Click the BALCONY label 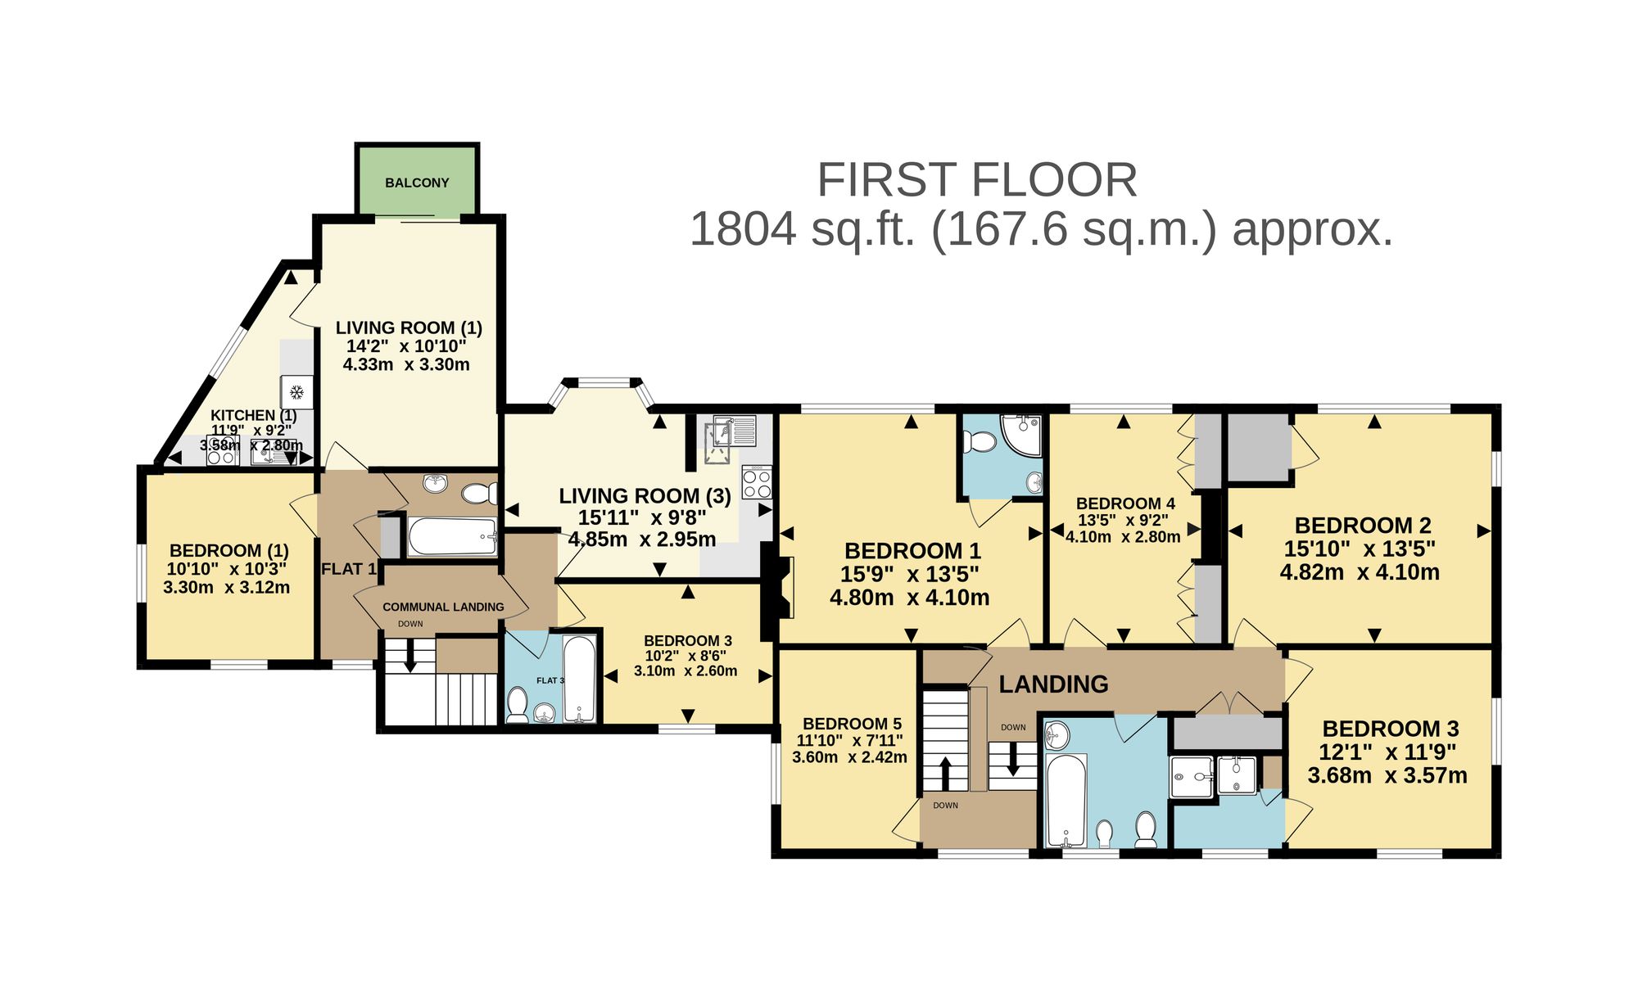417,183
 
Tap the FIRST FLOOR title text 977,180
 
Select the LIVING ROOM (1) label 409,327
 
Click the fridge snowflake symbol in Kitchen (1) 297,392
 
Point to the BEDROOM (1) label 229,550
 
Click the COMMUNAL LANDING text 443,607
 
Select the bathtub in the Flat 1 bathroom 453,536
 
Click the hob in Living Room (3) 757,482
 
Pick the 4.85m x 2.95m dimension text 642,540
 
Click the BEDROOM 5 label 852,724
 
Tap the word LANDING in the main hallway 1053,684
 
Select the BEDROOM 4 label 1125,504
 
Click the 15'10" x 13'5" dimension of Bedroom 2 1360,549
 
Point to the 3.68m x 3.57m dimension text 1387,775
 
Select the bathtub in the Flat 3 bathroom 579,679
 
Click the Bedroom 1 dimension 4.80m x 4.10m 909,598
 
